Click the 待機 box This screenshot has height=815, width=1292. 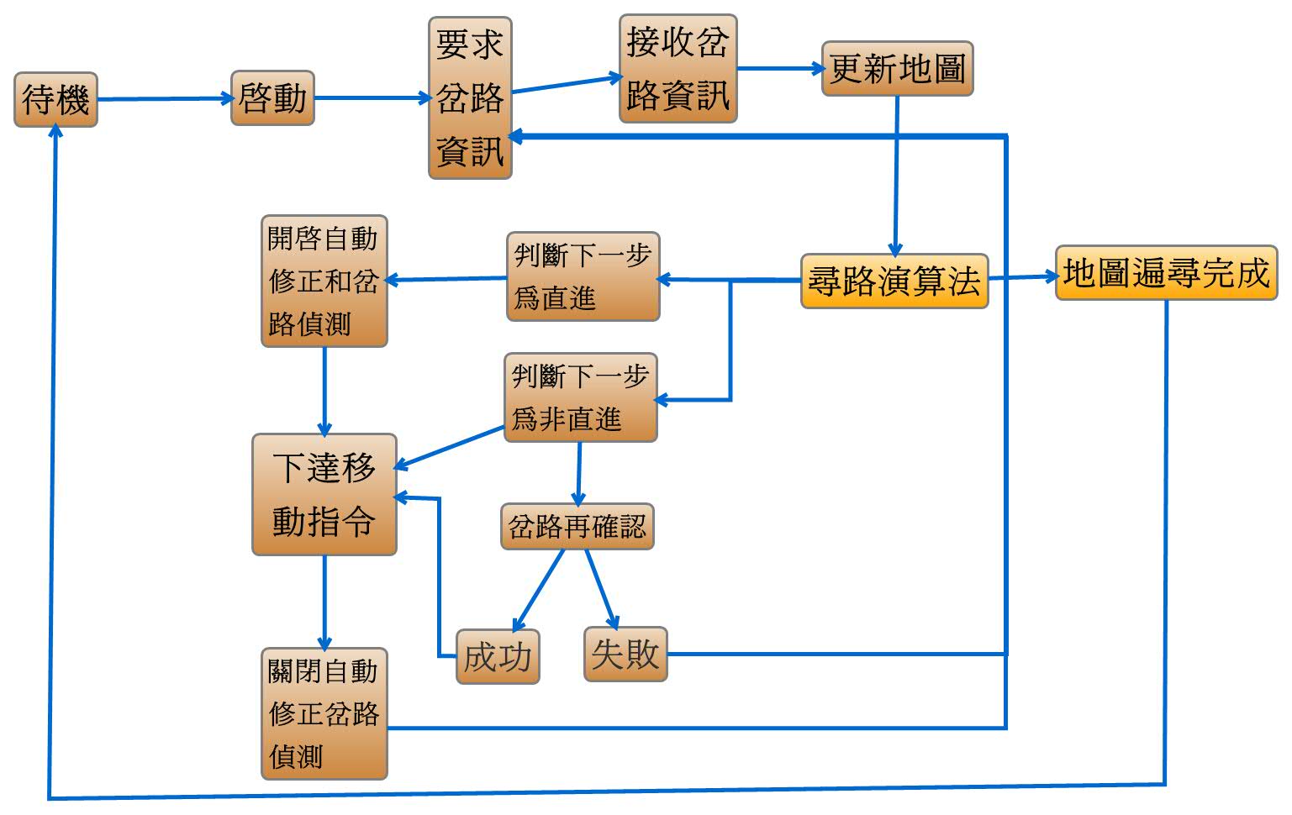point(55,100)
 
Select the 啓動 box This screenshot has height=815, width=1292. point(272,98)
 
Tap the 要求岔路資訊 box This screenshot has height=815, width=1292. point(470,98)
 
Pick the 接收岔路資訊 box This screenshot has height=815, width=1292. point(678,69)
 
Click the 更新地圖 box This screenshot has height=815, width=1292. point(897,69)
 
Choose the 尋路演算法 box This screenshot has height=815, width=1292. point(894,281)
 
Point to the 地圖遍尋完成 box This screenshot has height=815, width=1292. point(1165,273)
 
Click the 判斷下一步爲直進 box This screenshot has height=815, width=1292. point(583,277)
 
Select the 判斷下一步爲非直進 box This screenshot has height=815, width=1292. point(580,397)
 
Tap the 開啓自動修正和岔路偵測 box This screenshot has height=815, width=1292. point(324,281)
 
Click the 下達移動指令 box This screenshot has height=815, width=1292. point(324,494)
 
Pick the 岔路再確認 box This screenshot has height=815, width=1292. point(577,527)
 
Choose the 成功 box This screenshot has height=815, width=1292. point(498,656)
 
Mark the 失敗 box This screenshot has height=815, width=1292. point(625,654)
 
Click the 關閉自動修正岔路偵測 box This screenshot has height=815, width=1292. point(324,713)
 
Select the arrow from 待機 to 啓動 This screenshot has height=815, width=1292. point(165,99)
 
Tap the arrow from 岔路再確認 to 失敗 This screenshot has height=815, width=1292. point(602,589)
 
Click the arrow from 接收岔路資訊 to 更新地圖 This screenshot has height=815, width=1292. point(779,69)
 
